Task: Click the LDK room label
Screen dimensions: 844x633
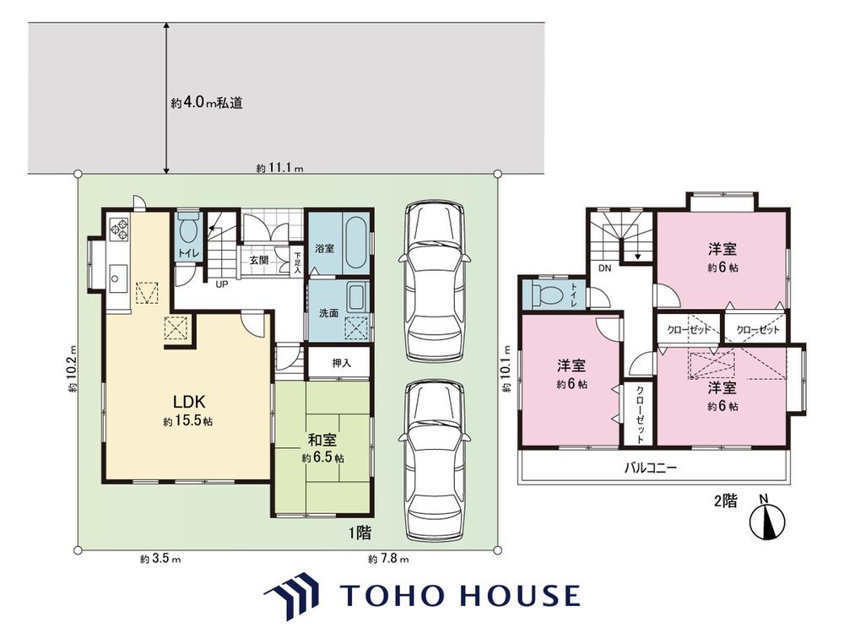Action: coord(188,401)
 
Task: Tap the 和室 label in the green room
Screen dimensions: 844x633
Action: coord(322,440)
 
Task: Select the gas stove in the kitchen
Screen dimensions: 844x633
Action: coord(119,229)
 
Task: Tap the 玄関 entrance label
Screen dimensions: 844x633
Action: coord(258,260)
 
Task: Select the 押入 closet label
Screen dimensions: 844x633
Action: coord(341,363)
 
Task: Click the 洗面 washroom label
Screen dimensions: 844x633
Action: coord(328,313)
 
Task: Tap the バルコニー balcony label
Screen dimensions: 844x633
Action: coord(650,468)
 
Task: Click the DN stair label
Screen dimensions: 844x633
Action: coord(604,268)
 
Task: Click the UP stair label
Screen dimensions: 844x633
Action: coord(222,284)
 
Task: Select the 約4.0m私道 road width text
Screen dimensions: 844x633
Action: coord(207,102)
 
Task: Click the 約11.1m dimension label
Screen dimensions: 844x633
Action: coord(279,168)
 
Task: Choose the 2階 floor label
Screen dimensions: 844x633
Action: coord(726,501)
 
